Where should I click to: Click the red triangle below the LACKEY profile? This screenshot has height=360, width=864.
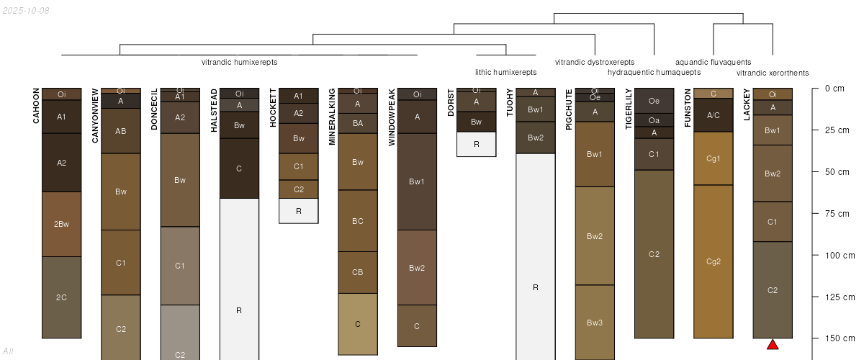point(773,345)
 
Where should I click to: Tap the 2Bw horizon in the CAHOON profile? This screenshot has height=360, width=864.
point(62,224)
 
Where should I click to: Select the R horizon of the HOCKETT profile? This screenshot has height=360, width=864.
point(298,211)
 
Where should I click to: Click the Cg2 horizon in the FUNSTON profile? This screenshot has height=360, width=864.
point(713,261)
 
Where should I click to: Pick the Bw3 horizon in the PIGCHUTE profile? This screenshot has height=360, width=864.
point(595,322)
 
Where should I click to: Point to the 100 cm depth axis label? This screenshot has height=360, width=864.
point(839,255)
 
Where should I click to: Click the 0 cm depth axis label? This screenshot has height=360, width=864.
point(834,89)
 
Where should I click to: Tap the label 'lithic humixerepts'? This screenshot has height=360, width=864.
point(505,72)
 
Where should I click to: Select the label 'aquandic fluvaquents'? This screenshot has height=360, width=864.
point(713,62)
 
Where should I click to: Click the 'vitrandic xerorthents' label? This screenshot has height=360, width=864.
point(773,73)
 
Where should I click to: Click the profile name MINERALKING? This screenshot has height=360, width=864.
point(332,117)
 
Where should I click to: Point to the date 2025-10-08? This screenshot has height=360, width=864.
point(26,10)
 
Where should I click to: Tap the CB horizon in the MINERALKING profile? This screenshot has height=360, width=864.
point(357,272)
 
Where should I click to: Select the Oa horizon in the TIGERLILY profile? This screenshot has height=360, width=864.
point(654,120)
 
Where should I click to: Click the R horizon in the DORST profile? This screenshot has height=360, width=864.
point(476,144)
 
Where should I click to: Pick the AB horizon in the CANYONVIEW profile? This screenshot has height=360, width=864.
point(120,131)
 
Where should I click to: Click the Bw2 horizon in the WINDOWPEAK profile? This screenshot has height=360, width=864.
point(417,268)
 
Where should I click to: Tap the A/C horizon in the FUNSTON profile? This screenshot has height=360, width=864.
point(713,115)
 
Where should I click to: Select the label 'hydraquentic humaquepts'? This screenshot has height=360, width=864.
point(654,73)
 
